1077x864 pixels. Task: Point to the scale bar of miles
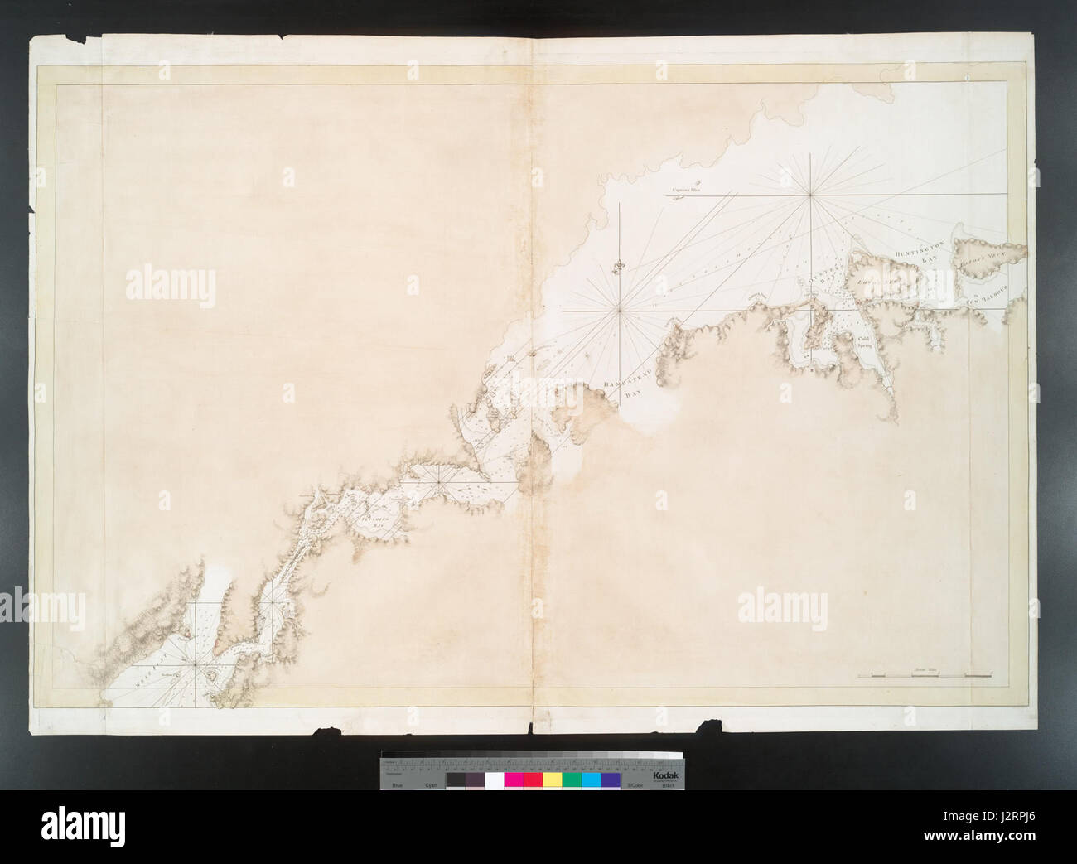click(x=925, y=676)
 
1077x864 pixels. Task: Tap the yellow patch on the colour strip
click(x=552, y=780)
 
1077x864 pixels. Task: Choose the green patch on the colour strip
click(x=572, y=780)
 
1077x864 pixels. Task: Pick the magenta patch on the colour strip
click(x=513, y=780)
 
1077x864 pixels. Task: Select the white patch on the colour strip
click(x=494, y=780)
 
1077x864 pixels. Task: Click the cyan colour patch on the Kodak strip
click(x=591, y=780)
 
